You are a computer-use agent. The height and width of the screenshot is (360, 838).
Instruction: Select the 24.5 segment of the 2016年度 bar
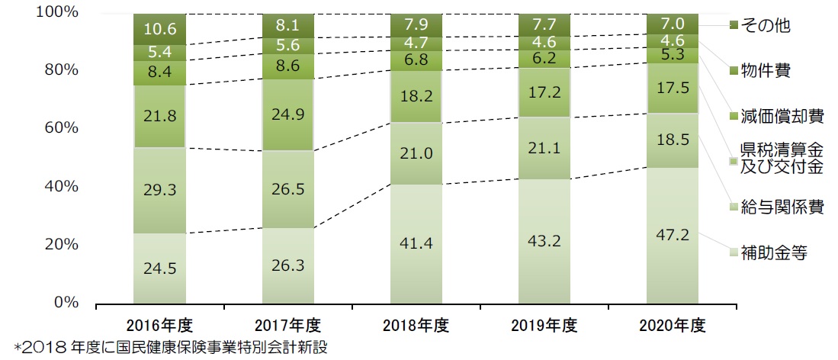160,268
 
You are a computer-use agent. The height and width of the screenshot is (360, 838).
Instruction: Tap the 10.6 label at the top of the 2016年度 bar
160,29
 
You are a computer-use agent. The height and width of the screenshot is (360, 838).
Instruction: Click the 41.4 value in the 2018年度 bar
416,244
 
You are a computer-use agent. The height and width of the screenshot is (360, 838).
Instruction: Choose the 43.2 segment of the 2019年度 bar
544,240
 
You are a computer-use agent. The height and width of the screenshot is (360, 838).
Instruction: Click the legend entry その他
766,26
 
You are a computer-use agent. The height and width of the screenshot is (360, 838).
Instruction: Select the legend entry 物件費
766,71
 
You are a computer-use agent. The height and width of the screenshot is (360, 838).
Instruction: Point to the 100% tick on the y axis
58,13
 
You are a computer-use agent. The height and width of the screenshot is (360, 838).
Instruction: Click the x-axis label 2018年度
416,326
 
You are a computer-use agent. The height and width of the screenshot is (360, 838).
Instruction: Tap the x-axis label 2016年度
160,326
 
